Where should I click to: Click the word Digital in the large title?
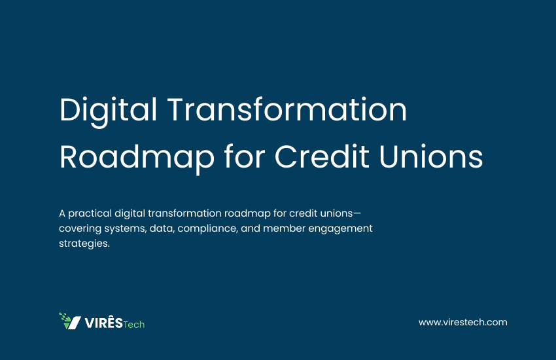(x=108, y=111)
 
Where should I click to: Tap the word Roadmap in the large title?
(x=137, y=158)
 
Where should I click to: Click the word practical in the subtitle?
(x=90, y=214)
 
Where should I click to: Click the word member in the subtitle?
(x=284, y=228)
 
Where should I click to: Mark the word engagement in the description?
(x=340, y=229)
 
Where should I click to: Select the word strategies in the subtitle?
(x=84, y=243)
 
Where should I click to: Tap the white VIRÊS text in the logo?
(x=103, y=323)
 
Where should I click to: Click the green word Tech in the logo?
(x=133, y=325)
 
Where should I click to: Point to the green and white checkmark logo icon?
(x=70, y=321)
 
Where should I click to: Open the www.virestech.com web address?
(x=462, y=323)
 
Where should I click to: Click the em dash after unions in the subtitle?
(x=357, y=213)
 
